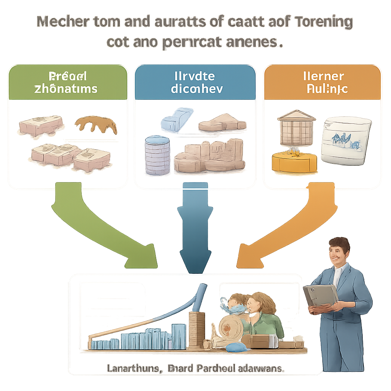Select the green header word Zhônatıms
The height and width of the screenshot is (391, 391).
(x=66, y=89)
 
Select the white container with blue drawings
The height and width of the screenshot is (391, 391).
(x=346, y=141)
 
